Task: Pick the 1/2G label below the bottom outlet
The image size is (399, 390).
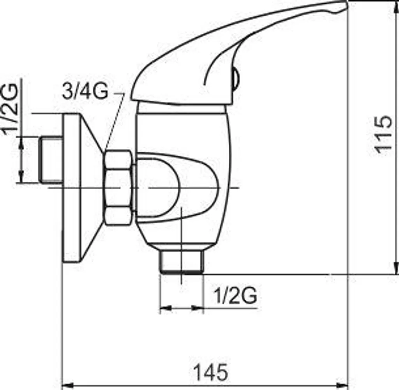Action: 235,296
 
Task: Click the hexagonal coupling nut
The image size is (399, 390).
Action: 118,188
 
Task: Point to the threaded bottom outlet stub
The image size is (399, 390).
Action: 182,262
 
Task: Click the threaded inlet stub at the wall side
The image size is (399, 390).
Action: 51,160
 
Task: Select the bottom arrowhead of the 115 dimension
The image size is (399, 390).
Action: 396,269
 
